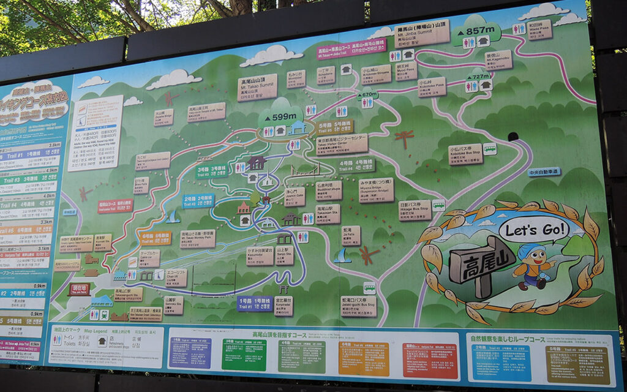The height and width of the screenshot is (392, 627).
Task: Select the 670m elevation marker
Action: (x=367, y=94)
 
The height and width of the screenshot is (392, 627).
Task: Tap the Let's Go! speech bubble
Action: (x=533, y=230)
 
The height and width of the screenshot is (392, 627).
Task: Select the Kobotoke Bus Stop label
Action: (x=465, y=154)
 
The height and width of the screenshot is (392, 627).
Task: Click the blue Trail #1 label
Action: (x=254, y=304)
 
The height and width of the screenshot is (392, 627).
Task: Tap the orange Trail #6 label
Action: (x=156, y=237)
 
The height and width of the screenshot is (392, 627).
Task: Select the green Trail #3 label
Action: (x=211, y=171)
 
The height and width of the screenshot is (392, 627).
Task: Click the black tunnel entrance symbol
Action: (x=513, y=137)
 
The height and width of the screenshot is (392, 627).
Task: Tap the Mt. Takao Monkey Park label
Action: (x=197, y=238)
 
